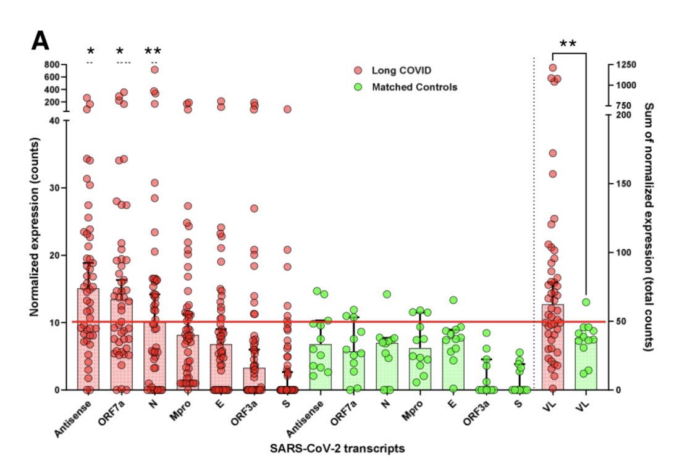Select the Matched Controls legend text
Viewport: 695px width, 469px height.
[x=414, y=87]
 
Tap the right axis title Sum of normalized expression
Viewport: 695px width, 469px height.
[x=648, y=227]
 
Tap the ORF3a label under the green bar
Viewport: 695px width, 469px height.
[x=476, y=414]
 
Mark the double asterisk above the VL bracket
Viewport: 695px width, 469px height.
[x=568, y=44]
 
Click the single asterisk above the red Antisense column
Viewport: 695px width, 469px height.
[x=90, y=51]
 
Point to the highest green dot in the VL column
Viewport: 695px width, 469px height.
[x=586, y=302]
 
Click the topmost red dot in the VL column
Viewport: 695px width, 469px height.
[x=553, y=68]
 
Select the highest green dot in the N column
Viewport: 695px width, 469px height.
[x=387, y=294]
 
